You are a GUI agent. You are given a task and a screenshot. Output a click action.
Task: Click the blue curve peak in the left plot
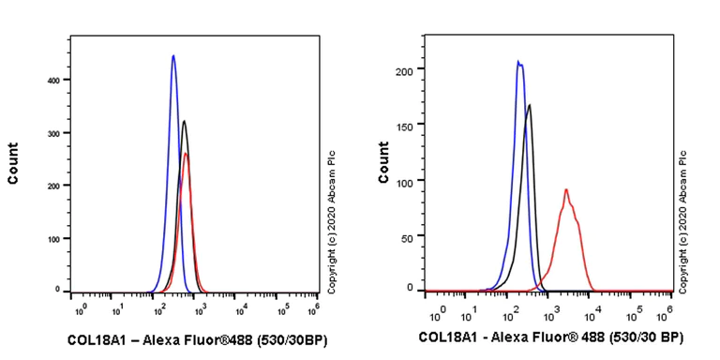173,56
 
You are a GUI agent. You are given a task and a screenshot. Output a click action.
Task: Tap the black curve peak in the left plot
184,121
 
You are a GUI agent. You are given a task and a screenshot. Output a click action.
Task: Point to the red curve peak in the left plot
187,154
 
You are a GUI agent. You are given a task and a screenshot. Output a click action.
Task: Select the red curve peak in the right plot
566,190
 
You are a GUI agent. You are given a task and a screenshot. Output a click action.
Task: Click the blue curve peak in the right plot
518,62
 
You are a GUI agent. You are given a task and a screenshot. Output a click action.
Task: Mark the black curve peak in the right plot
530,105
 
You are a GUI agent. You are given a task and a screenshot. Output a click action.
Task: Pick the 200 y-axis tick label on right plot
404,70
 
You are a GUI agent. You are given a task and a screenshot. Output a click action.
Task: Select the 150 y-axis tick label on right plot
404,125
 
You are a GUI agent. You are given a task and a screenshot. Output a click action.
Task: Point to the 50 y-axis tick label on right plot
407,234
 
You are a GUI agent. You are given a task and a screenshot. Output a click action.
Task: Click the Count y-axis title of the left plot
13,162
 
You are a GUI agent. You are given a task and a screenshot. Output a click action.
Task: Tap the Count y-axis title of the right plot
383,162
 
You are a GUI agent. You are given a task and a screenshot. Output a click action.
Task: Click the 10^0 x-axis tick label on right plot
434,308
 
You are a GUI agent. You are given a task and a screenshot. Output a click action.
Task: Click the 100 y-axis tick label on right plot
404,180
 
